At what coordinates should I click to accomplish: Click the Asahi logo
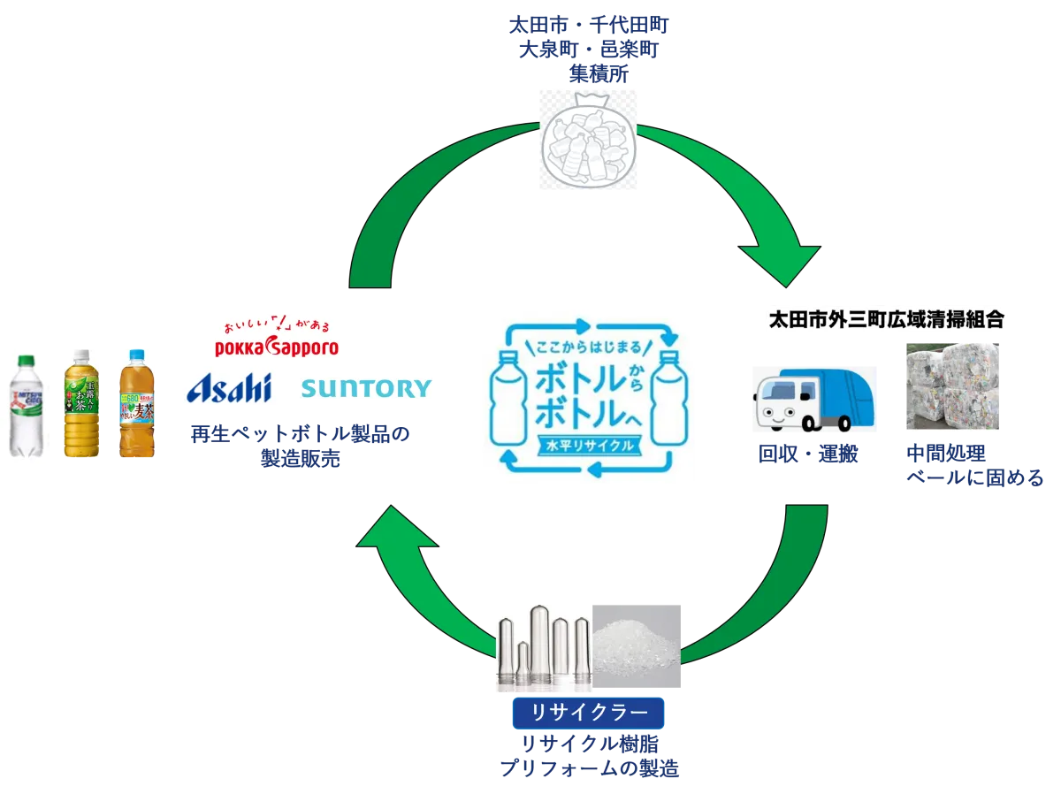pos(229,386)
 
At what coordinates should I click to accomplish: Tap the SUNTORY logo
pos(367,388)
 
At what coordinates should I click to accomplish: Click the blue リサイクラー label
pos(588,711)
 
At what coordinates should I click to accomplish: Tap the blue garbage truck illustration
pos(813,399)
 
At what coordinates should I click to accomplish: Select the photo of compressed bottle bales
pos(954,386)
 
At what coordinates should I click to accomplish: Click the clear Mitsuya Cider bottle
pos(23,403)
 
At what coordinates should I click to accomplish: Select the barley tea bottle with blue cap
pos(134,403)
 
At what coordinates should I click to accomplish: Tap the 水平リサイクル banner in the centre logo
pos(590,446)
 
